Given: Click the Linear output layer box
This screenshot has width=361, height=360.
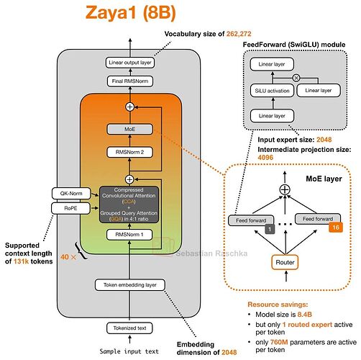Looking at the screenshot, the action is (130, 63).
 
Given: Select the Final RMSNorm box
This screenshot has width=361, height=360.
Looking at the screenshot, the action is (130, 81).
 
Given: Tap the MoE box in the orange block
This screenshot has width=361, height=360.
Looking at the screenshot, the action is (129, 129).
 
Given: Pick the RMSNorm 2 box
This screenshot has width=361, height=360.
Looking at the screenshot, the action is (129, 152).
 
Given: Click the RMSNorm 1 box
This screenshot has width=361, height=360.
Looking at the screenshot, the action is (129, 235).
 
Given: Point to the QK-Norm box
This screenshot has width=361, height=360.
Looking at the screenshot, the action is (71, 194).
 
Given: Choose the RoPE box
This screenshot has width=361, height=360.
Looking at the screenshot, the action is (70, 208).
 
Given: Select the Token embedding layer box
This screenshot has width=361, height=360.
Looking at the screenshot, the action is (130, 285).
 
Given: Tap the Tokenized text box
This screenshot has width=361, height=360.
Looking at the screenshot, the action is (129, 328).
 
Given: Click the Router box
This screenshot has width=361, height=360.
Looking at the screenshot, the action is (285, 262).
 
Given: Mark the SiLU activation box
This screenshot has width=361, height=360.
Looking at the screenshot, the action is (272, 91).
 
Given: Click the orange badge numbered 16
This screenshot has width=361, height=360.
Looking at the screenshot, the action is (336, 228).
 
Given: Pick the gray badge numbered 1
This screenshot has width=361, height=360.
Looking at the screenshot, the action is (270, 229).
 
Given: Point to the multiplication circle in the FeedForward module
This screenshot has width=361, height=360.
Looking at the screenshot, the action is (296, 78).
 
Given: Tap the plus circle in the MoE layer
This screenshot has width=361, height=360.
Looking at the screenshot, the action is (285, 190).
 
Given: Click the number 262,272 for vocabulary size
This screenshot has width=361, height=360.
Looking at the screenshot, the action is (239, 34).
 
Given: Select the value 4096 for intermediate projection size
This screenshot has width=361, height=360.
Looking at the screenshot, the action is (265, 158).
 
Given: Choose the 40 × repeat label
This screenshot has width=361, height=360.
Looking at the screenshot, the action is (68, 257).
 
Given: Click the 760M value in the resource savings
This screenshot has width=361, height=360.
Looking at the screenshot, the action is (279, 342).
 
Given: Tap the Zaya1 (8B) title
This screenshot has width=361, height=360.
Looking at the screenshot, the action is (131, 13).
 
